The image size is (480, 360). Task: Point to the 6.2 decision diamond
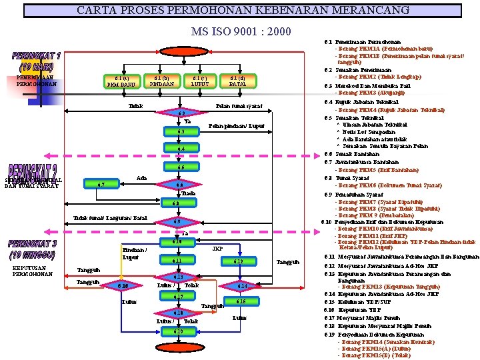click(x=181, y=113)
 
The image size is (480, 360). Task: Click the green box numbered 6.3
click(x=181, y=131)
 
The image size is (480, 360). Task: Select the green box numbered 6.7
click(x=100, y=184)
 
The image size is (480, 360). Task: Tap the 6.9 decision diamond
click(x=177, y=221)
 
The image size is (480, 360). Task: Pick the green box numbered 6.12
click(x=240, y=261)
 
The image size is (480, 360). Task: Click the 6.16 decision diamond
click(x=122, y=286)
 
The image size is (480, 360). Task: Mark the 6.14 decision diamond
click(x=241, y=286)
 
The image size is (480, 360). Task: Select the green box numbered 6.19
click(x=177, y=331)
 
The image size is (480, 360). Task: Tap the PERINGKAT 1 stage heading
click(x=36, y=61)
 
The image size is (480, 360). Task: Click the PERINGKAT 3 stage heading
click(x=33, y=249)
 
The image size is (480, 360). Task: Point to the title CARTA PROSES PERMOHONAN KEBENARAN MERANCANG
click(x=243, y=11)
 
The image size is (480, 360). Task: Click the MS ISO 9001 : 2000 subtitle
click(x=241, y=31)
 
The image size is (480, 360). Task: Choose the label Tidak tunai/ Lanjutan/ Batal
click(x=110, y=218)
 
